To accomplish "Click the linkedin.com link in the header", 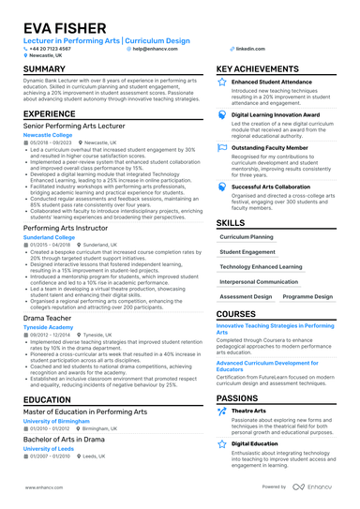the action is click(250, 47).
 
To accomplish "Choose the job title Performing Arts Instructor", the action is click(67, 227).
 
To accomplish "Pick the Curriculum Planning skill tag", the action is click(247, 238).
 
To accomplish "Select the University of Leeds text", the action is click(46, 448).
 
